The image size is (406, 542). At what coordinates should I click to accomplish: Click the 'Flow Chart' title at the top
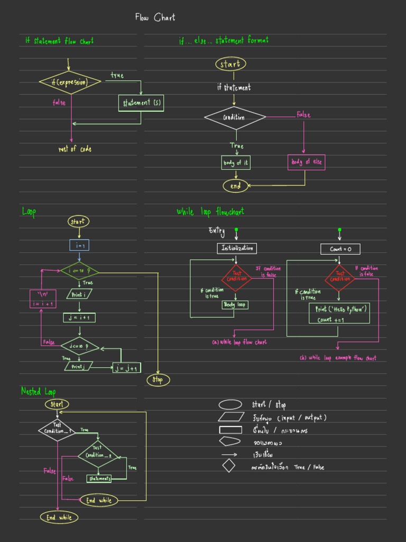155,18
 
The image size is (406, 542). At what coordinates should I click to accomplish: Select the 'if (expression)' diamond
70,83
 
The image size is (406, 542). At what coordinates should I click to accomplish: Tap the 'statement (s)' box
141,103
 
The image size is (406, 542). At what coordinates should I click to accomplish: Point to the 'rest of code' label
75,149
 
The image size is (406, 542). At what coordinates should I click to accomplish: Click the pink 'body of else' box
306,162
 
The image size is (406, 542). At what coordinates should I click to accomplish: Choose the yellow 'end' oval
235,186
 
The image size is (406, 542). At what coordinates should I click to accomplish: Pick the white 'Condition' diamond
235,118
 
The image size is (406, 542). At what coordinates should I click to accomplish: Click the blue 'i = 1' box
79,245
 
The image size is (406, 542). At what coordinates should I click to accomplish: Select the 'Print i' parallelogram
79,294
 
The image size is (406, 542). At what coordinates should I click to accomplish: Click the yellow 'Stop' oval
158,380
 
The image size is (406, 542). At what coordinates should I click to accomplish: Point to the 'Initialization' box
237,248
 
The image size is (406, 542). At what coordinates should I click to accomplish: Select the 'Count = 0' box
340,249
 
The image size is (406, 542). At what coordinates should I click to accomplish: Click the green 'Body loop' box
235,305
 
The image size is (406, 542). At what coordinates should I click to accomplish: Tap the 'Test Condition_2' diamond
98,454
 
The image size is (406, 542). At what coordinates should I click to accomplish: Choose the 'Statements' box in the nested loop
99,478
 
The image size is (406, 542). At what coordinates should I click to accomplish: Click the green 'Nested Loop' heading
38,392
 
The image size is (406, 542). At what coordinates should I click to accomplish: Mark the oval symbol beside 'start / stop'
230,405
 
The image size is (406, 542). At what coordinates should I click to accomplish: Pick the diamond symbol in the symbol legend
228,466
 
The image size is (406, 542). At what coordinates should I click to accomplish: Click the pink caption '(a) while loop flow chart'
239,342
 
